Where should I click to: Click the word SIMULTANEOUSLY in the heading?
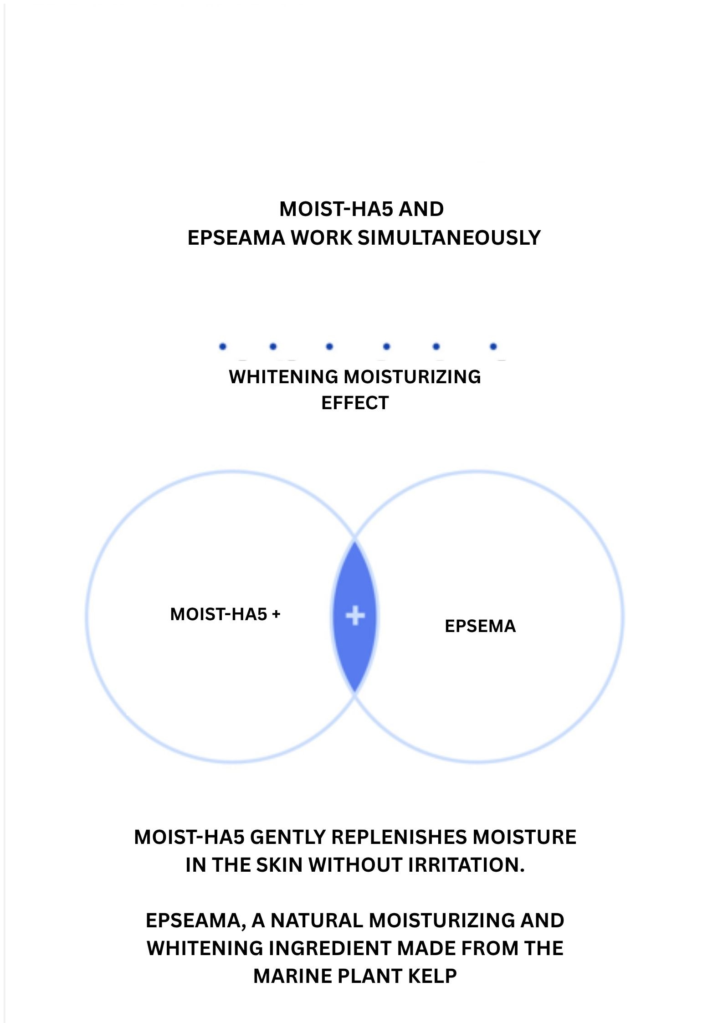tap(449, 238)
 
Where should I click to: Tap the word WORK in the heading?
tap(322, 238)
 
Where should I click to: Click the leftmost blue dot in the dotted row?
tap(223, 346)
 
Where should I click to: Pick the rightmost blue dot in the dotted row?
tap(493, 346)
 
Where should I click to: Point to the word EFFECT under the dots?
tap(355, 403)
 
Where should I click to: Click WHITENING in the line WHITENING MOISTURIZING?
tap(283, 377)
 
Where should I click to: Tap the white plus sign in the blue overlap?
tap(355, 616)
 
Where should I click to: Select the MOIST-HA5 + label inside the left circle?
tap(225, 614)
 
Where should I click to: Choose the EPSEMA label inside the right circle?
tap(480, 626)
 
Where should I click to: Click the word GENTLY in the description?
tap(288, 838)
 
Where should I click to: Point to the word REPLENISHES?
tap(399, 838)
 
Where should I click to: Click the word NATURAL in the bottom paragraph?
tap(317, 920)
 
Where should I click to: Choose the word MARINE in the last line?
tap(292, 976)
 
